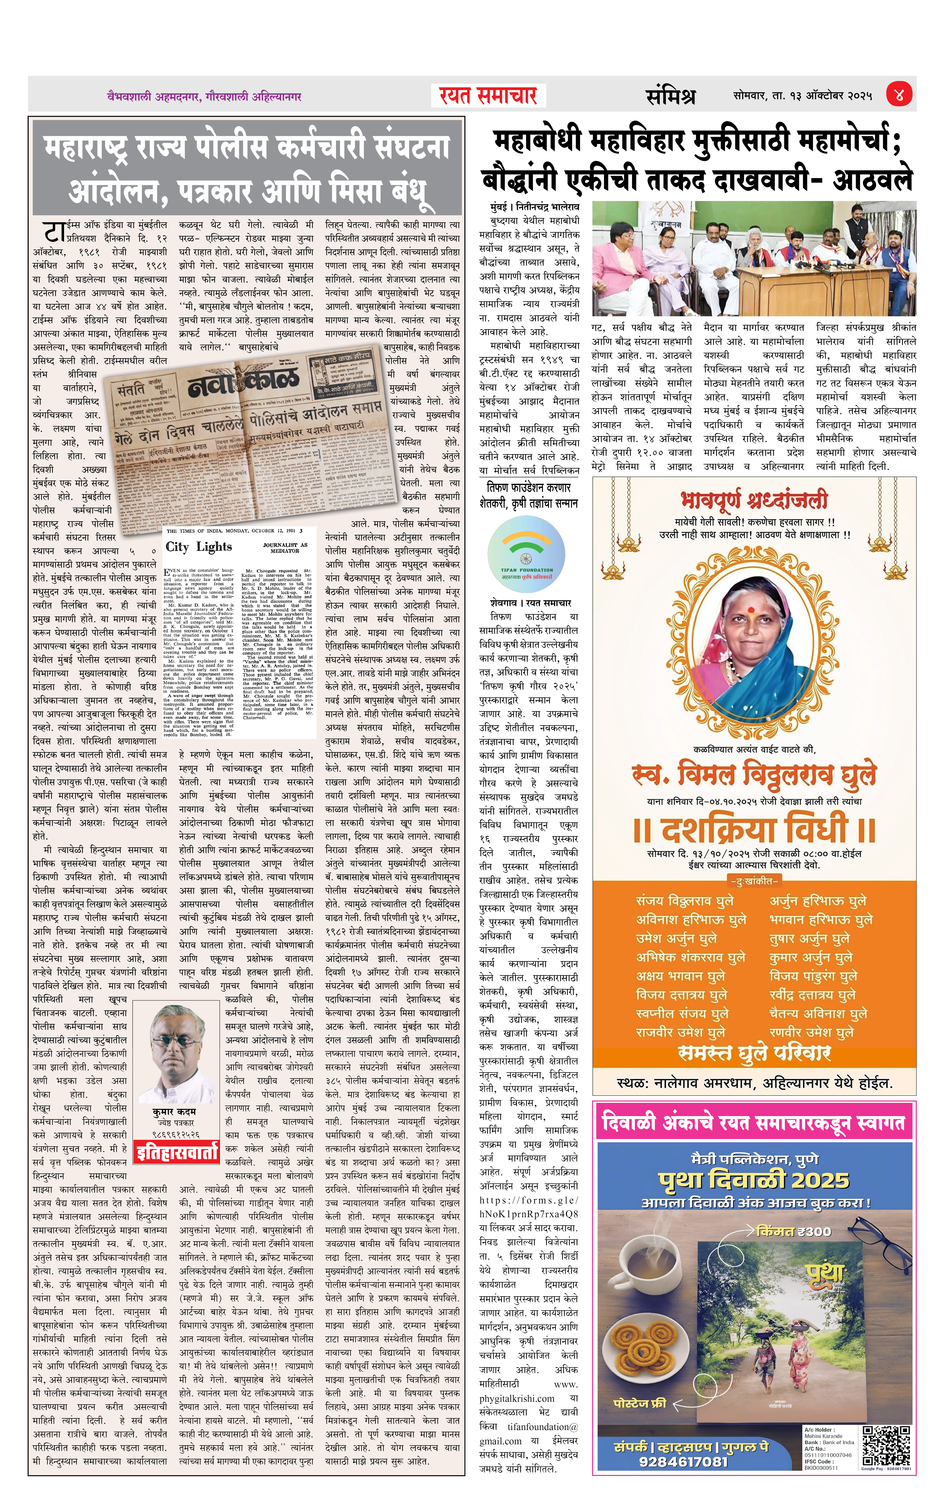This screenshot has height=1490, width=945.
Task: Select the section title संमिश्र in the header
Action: tap(670, 96)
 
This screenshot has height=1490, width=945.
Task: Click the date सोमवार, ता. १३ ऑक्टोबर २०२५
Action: tap(803, 96)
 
